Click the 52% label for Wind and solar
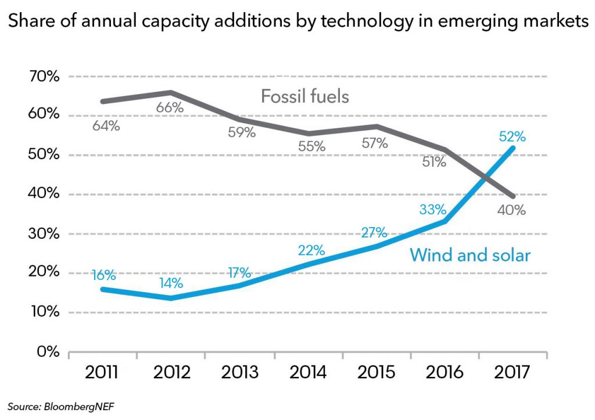511,137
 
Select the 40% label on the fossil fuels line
511,210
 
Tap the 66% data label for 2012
170,107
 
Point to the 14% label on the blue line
170,283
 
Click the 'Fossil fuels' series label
305,96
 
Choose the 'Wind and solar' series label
470,254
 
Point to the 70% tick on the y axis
44,76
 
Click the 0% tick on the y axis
48,352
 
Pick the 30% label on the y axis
44,234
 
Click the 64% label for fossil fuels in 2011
106,125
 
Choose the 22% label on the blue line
311,250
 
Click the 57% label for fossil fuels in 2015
374,142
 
